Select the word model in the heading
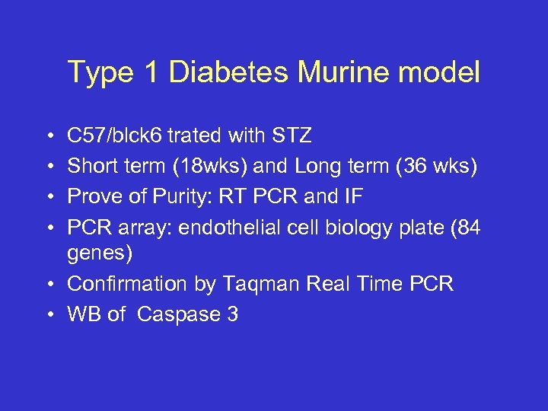442,73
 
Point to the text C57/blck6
115,136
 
